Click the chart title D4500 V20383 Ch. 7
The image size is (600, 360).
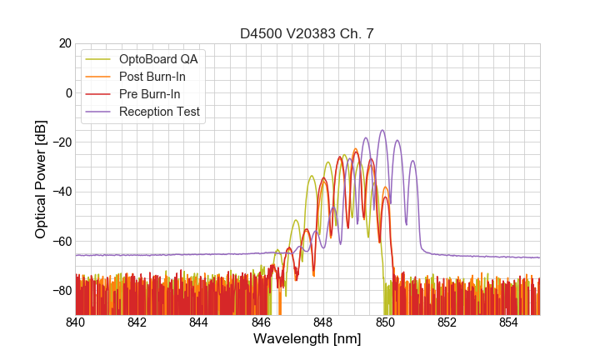307,34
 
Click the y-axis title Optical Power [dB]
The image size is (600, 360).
40,178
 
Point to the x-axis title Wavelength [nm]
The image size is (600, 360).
307,339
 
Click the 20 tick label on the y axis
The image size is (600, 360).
62,43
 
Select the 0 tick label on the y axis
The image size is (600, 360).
67,92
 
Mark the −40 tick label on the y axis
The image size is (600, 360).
59,192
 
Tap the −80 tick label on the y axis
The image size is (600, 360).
59,291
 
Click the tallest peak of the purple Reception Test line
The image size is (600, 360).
382,131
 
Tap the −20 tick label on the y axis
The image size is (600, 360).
59,142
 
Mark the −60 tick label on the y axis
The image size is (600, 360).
59,242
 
